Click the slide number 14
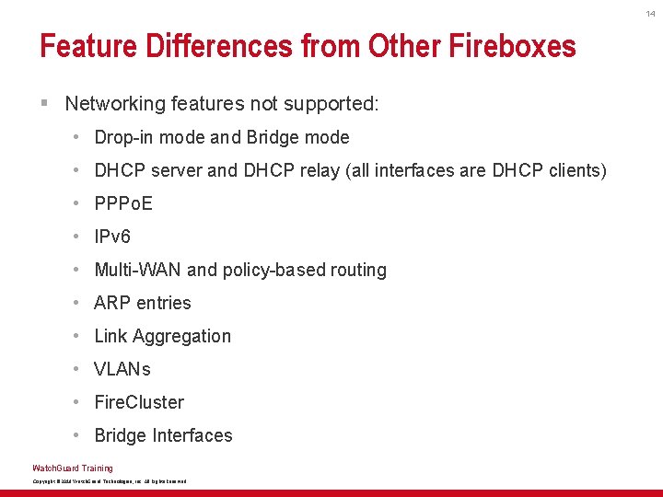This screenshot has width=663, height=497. [650, 13]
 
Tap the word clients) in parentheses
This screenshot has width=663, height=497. [576, 170]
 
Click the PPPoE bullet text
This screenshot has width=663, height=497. [123, 203]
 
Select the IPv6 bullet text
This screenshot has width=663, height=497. [112, 237]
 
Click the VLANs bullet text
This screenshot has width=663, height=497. [122, 369]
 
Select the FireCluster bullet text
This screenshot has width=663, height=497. [139, 402]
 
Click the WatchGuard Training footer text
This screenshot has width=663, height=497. [73, 468]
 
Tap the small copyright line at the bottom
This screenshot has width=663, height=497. [109, 481]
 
